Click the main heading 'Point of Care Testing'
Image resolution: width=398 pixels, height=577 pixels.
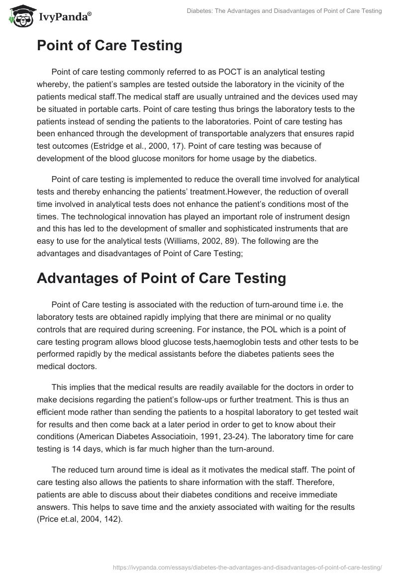109,46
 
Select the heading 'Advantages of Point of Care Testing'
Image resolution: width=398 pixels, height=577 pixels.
161,279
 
